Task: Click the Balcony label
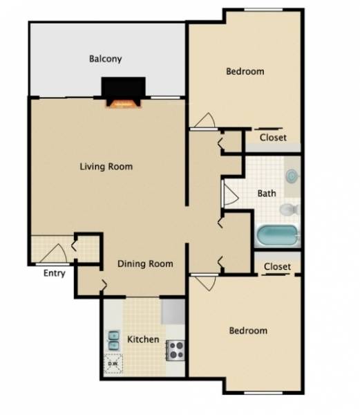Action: (105, 59)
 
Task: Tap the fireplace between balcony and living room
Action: (124, 93)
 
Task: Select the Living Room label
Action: (106, 167)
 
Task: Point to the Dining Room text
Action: (145, 264)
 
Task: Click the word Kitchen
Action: (144, 340)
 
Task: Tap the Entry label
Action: (55, 273)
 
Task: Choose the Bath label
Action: (267, 194)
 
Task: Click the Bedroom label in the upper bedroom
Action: (245, 71)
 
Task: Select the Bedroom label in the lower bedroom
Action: (247, 331)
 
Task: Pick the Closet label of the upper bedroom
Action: (273, 138)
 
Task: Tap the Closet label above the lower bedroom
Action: (277, 266)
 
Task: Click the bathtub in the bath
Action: (278, 236)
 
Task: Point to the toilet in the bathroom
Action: (290, 208)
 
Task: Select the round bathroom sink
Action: (293, 176)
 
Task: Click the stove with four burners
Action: (176, 350)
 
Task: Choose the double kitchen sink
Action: (113, 340)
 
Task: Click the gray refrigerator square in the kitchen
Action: (173, 311)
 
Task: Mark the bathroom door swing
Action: (228, 194)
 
